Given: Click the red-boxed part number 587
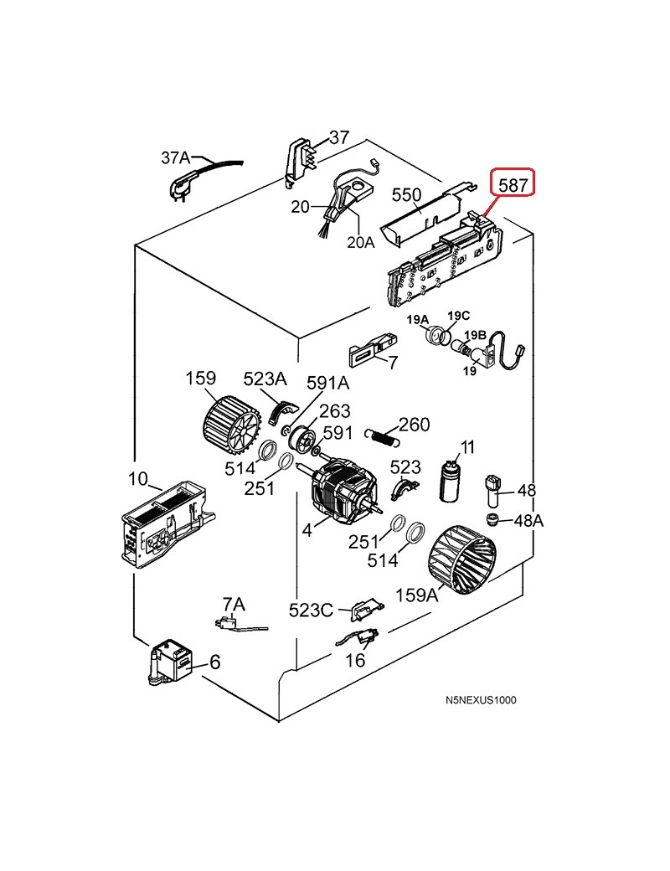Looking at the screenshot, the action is (513, 184).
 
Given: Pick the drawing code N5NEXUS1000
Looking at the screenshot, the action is (481, 700).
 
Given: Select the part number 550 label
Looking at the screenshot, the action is (407, 195).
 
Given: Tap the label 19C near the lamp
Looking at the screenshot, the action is (459, 316).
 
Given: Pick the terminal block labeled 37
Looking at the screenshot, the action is (301, 161).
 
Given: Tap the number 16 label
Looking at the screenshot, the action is (355, 660).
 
